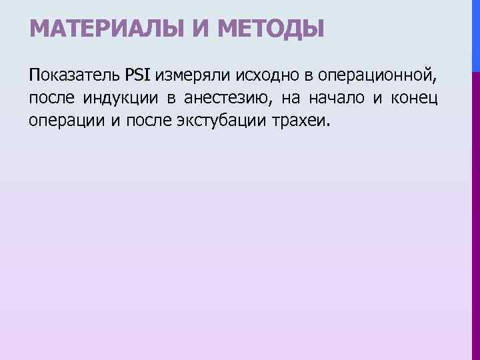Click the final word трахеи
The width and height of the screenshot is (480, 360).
tap(290, 121)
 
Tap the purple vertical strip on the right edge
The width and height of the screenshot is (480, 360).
tap(475, 213)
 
